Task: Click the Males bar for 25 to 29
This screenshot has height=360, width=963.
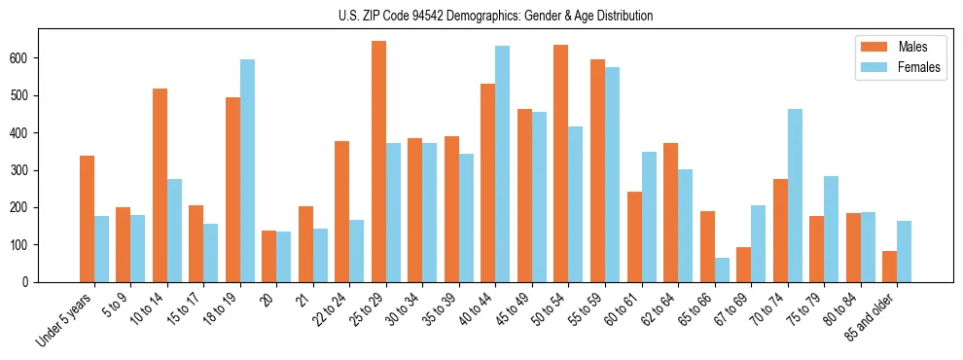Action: [378, 162]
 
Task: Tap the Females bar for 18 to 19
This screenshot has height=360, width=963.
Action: [248, 170]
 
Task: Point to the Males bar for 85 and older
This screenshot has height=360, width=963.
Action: [889, 267]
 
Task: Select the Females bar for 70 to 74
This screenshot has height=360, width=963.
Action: [795, 196]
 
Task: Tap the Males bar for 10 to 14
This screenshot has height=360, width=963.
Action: [160, 185]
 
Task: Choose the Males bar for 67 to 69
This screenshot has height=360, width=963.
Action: [743, 265]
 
